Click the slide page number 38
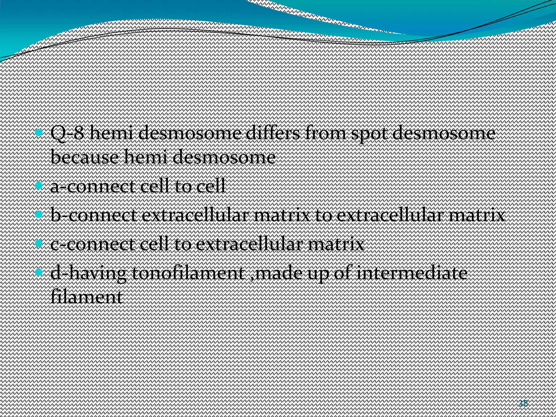coord(523,403)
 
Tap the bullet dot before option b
coord(39,215)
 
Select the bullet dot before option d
coord(39,272)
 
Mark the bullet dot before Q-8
coord(39,133)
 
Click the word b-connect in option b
coord(94,216)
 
